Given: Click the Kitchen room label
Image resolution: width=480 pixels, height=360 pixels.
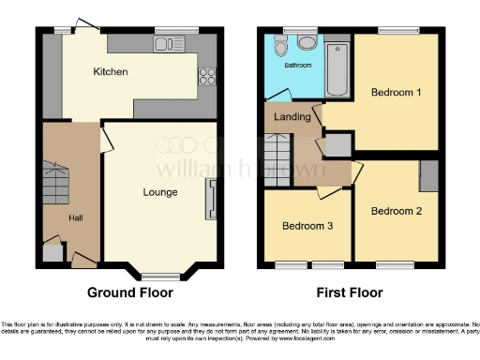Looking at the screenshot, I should point(110,72).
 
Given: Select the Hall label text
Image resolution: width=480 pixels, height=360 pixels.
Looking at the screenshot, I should point(75,217).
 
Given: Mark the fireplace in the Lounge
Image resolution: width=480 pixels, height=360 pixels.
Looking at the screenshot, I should point(210,199).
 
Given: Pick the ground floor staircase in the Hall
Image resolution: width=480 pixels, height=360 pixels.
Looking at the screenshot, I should point(56,183).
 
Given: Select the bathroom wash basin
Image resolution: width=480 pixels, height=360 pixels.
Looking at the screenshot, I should point(305,42).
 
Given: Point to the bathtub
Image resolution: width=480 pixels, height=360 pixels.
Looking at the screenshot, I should point(336,67).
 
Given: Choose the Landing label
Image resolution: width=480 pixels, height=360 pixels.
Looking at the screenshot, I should point(292,116).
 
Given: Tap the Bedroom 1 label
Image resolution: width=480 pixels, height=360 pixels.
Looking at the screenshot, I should point(395,93).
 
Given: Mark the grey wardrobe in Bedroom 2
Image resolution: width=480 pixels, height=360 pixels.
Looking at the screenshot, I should point(429,175).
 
